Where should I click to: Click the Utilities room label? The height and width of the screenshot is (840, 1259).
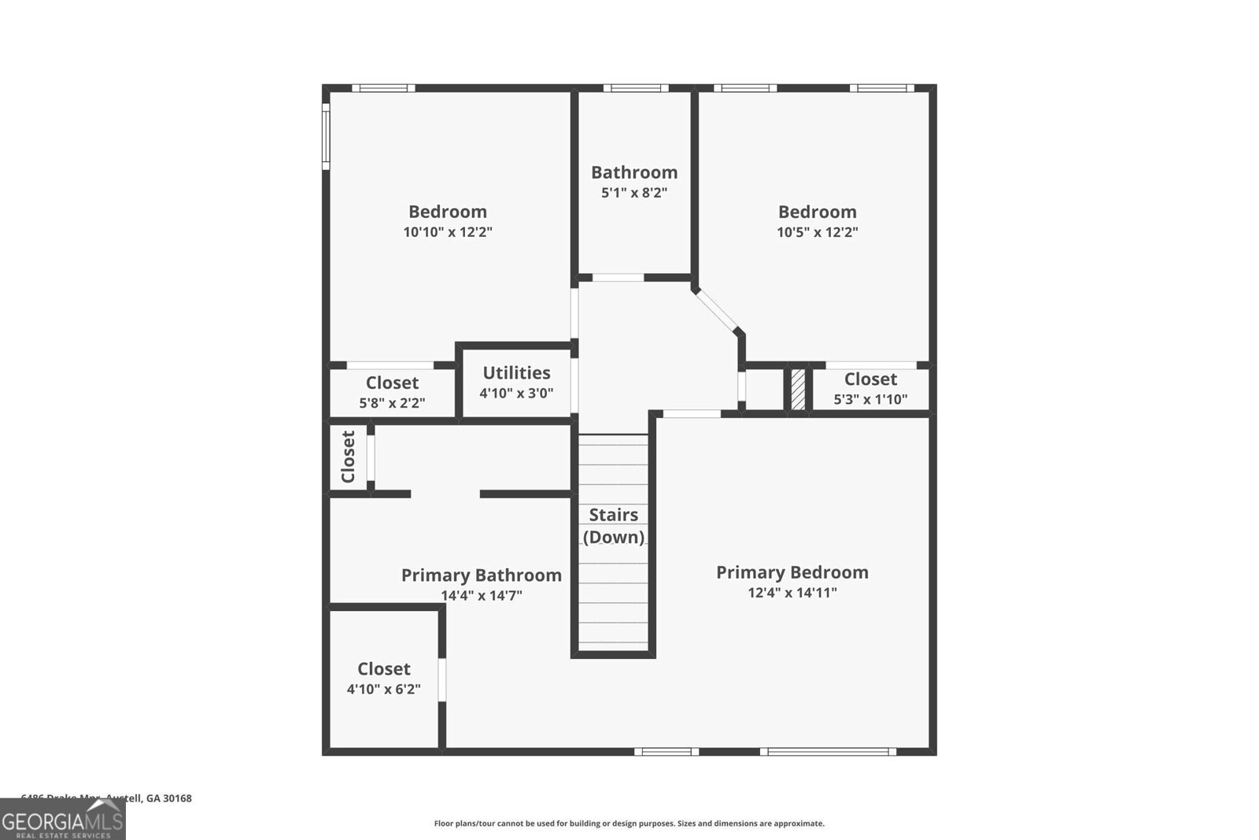click(516, 372)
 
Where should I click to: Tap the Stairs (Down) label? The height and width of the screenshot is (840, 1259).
click(613, 526)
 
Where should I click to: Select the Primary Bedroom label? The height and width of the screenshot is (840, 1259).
click(792, 572)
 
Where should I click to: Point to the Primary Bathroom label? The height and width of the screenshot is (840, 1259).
click(481, 575)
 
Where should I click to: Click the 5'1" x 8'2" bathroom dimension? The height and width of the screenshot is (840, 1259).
click(634, 193)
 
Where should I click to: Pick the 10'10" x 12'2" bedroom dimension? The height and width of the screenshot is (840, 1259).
click(448, 232)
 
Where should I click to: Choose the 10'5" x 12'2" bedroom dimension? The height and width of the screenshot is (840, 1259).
click(817, 232)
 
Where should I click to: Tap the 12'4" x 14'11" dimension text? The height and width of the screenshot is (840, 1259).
click(792, 593)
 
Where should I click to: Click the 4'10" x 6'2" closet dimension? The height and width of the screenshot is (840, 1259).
click(384, 690)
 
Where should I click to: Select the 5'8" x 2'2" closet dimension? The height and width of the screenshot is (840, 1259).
click(392, 403)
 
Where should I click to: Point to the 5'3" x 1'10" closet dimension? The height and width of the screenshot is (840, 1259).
click(870, 400)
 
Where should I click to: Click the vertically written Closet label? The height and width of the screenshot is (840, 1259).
click(348, 457)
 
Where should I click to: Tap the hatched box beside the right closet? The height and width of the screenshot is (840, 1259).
click(798, 389)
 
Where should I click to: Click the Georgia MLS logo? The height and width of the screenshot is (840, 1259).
click(62, 820)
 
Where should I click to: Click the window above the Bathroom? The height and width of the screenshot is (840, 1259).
click(635, 88)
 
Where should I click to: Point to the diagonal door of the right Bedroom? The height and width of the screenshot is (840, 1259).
click(717, 310)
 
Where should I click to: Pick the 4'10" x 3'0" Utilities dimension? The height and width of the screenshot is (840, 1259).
click(516, 393)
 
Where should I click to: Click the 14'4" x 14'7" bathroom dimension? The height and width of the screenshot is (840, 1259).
click(481, 596)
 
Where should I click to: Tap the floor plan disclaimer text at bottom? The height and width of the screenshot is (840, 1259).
click(629, 823)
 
